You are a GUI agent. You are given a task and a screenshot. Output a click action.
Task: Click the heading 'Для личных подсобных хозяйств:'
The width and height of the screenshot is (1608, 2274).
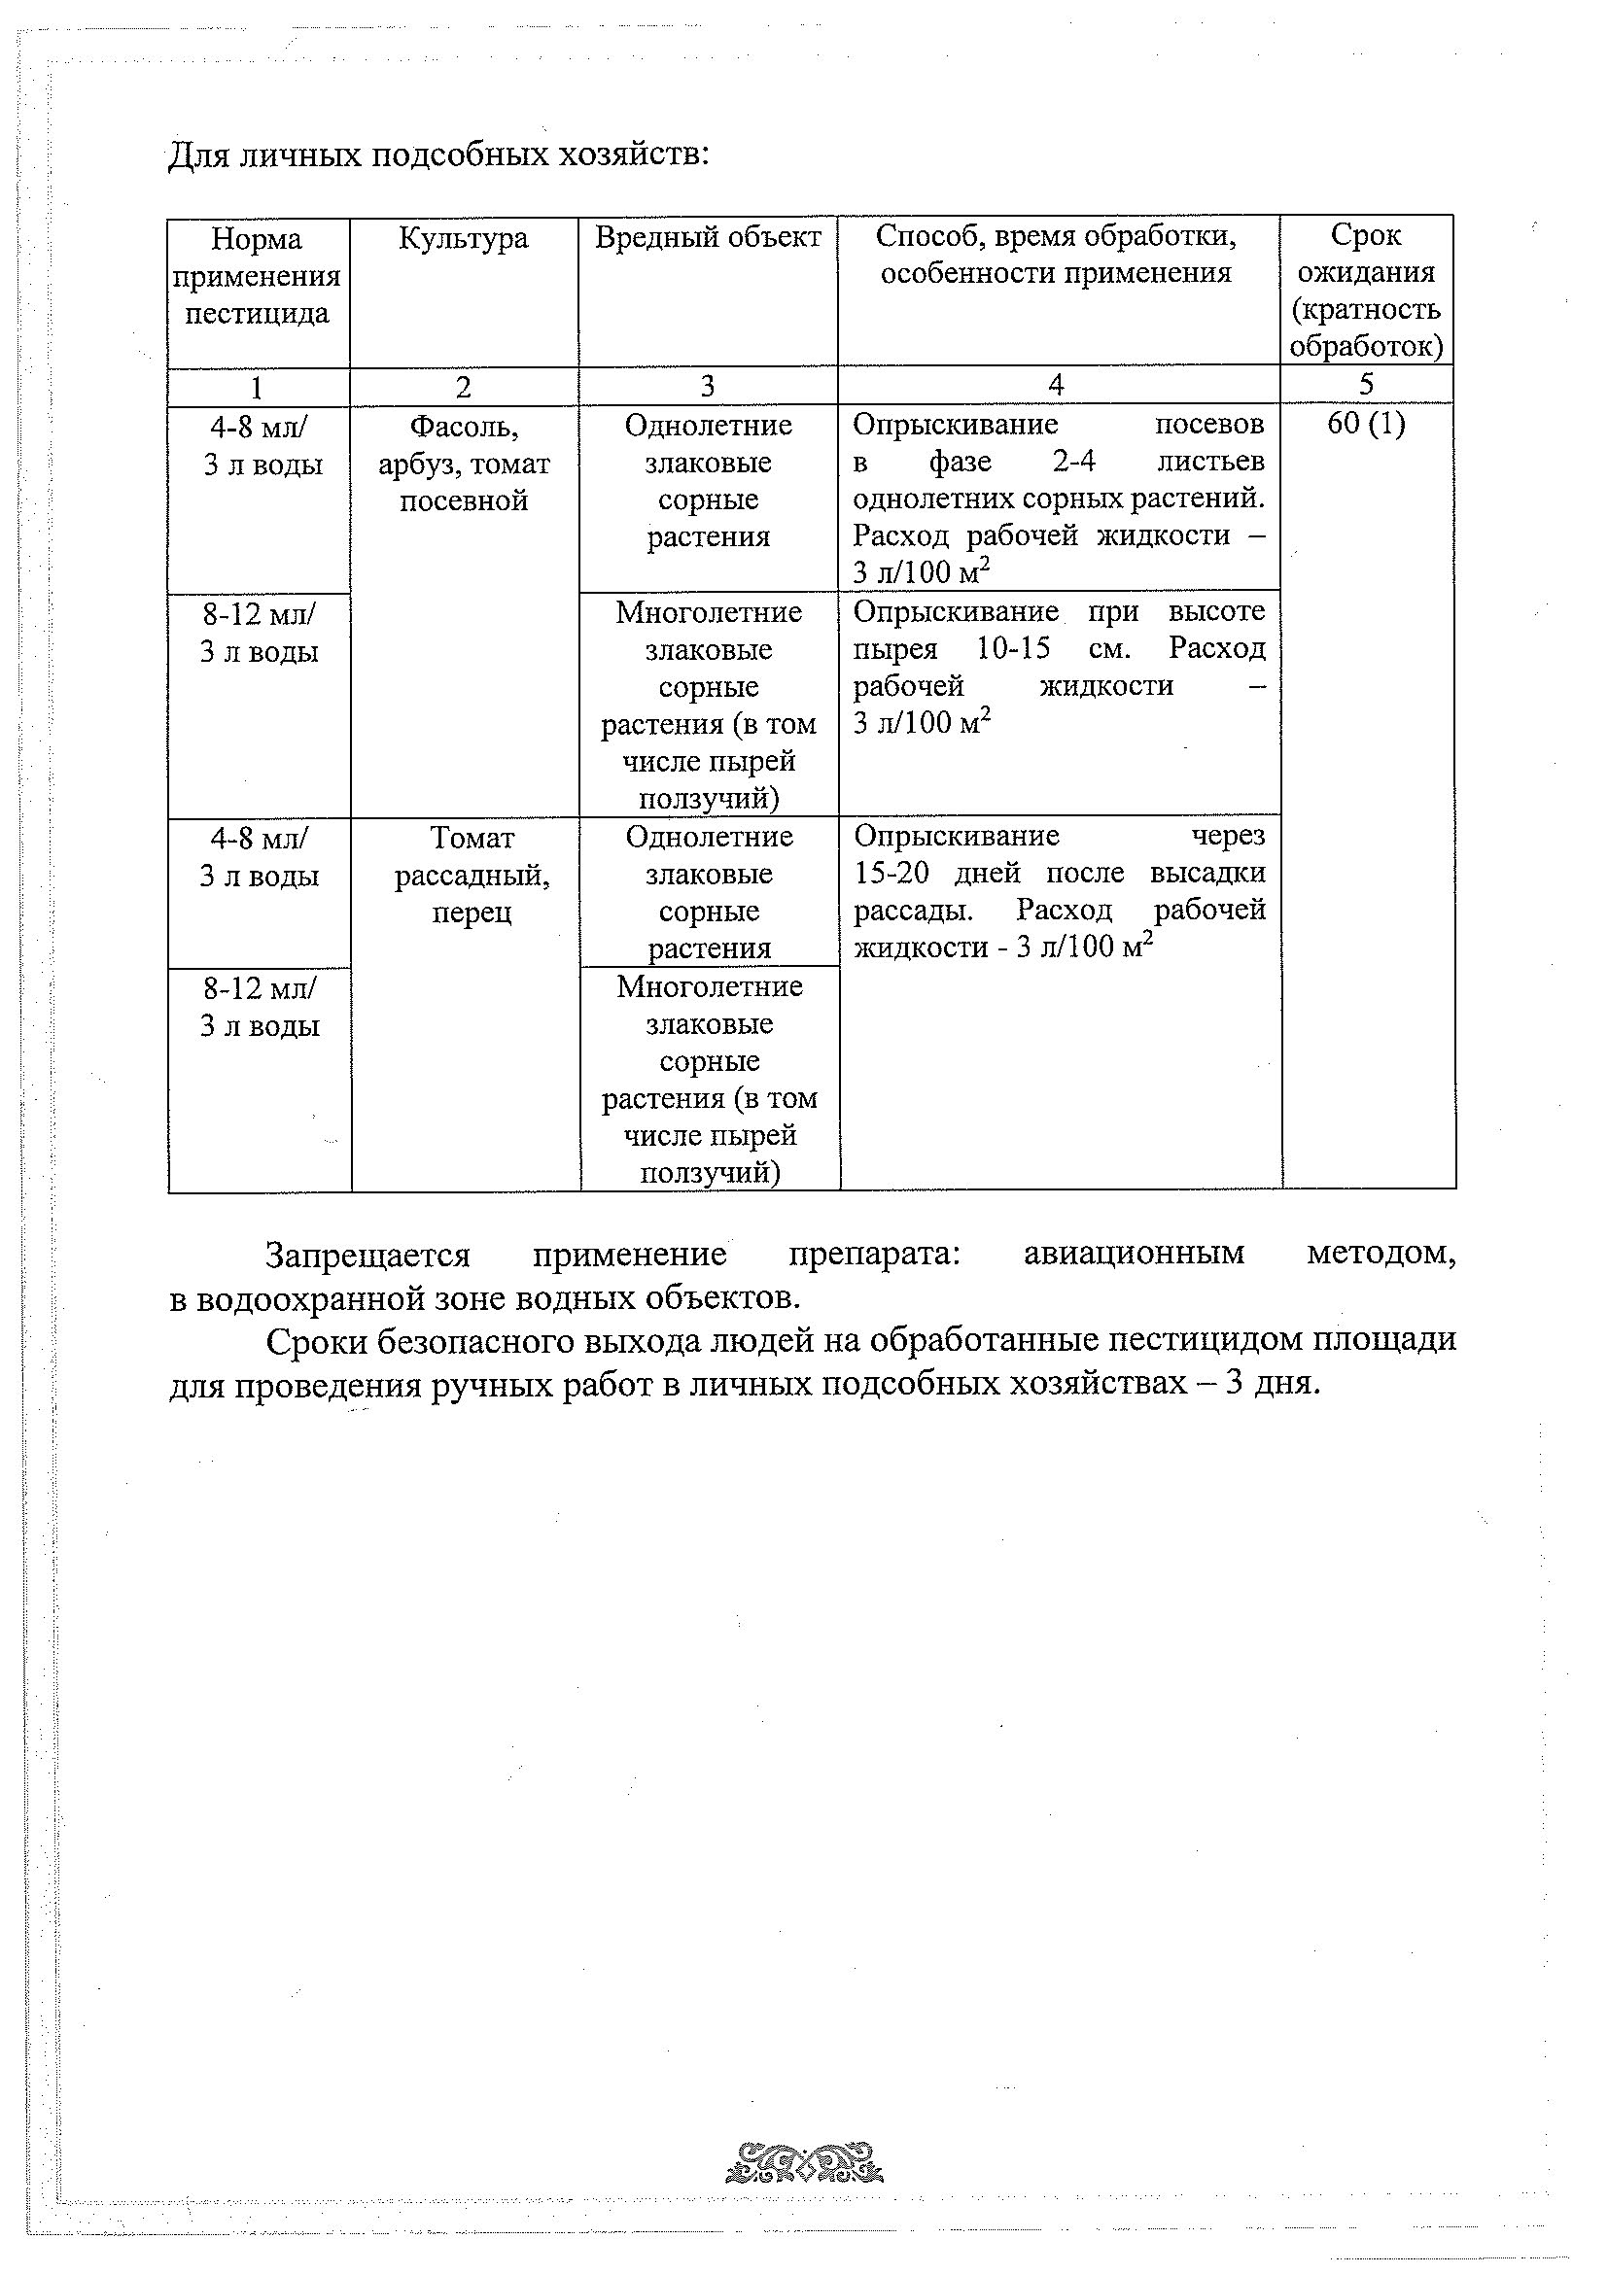pyautogui.click(x=437, y=155)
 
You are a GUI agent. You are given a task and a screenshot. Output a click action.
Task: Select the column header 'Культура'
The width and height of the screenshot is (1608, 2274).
pyautogui.click(x=463, y=239)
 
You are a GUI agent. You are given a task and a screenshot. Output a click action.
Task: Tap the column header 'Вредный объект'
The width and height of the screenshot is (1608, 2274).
pyautogui.click(x=708, y=238)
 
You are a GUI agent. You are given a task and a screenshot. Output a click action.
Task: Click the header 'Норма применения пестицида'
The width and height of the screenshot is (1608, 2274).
pyautogui.click(x=257, y=276)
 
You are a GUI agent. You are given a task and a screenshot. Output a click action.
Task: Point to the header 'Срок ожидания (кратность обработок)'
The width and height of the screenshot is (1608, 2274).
pyautogui.click(x=1365, y=291)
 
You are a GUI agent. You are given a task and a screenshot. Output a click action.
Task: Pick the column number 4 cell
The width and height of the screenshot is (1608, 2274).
pyautogui.click(x=1056, y=384)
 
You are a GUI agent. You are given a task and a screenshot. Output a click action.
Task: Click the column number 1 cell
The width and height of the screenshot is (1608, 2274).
pyautogui.click(x=257, y=386)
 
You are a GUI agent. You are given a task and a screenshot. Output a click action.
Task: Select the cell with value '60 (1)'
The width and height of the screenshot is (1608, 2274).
pyautogui.click(x=1365, y=424)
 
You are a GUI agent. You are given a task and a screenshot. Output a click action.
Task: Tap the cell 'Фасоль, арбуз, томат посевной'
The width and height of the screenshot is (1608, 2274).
pyautogui.click(x=464, y=464)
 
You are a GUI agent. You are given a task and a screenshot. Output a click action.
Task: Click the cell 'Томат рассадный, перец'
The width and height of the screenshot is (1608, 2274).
pyautogui.click(x=472, y=875)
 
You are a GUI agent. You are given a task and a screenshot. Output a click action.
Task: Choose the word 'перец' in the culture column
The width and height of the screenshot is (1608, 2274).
pyautogui.click(x=472, y=913)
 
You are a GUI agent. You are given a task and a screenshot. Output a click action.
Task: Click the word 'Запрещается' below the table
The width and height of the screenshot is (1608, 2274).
pyautogui.click(x=367, y=1256)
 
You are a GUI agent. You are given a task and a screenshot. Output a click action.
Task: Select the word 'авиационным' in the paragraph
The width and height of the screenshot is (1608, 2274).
pyautogui.click(x=1134, y=1254)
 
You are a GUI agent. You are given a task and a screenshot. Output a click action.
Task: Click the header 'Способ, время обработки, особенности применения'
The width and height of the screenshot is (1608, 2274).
pyautogui.click(x=1056, y=255)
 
